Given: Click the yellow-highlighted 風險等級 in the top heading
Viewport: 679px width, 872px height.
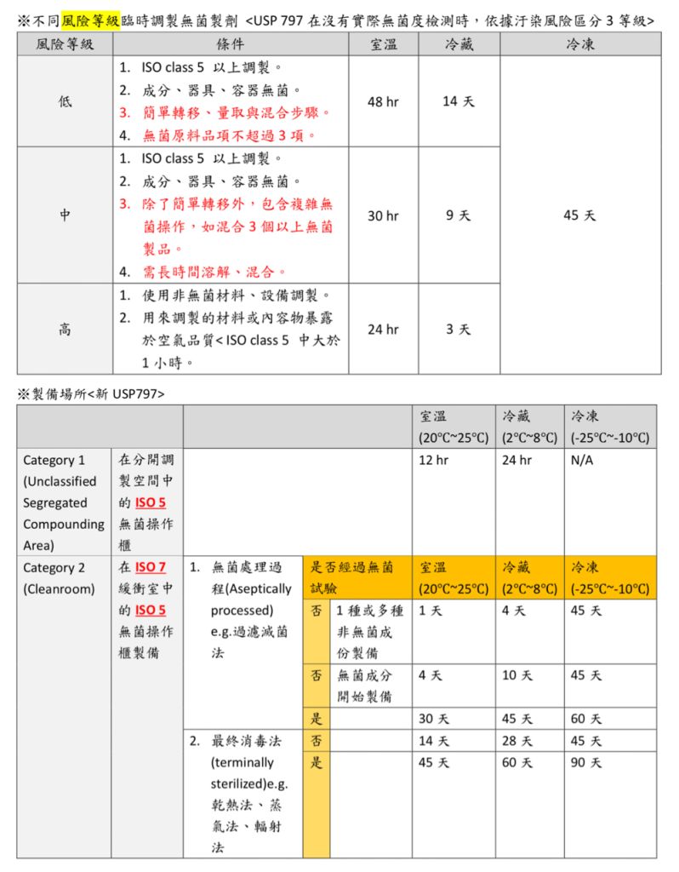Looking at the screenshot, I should click(x=90, y=20).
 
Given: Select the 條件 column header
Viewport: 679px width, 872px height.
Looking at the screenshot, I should click(x=231, y=44).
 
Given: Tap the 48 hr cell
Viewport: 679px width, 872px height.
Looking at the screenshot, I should click(x=383, y=101).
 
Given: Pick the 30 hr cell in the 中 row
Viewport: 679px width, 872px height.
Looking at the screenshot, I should click(x=383, y=216).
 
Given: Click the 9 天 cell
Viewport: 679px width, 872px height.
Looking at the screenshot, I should click(x=459, y=216).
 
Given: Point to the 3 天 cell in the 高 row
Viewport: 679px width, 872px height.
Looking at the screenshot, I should click(x=459, y=330).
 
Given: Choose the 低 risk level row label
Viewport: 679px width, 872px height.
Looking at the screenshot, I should click(x=65, y=101).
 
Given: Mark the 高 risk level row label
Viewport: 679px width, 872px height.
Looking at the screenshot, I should click(x=65, y=330).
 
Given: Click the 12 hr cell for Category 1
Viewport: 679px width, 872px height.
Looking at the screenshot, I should click(x=433, y=461).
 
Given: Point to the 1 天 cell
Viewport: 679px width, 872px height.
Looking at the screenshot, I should click(x=430, y=611).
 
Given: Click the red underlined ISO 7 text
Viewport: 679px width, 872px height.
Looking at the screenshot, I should click(x=150, y=567).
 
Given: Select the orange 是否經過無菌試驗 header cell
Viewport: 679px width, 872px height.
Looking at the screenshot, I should click(x=352, y=577).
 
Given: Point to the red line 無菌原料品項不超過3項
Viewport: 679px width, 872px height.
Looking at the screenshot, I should click(x=230, y=135).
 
